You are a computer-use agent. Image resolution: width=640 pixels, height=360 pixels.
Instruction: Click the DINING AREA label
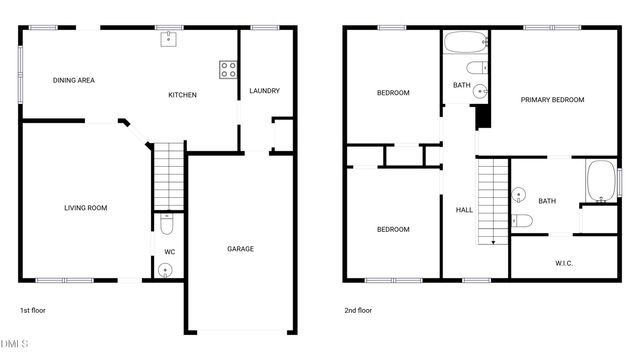[x=73, y=80]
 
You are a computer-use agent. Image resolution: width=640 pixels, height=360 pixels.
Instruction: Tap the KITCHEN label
[x=182, y=95]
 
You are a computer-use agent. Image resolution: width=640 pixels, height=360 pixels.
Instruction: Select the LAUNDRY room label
[x=264, y=90]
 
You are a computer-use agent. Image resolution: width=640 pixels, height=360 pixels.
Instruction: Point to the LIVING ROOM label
[x=85, y=208]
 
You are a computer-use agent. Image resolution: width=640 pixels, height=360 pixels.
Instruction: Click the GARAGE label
[x=240, y=249]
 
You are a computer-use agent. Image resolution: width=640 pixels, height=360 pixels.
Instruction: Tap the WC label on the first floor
[x=169, y=251]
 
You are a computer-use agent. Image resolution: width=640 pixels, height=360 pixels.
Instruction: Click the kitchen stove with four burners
[x=228, y=70]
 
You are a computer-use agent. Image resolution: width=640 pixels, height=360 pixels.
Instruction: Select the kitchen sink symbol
[x=169, y=40]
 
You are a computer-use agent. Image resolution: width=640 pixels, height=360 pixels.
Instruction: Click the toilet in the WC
[x=167, y=224]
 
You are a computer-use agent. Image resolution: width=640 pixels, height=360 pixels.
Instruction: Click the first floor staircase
[x=169, y=175]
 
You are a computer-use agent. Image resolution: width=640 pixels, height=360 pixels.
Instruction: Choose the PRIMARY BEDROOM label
[x=552, y=100]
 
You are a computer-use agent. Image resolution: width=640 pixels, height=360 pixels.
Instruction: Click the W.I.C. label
[x=564, y=263]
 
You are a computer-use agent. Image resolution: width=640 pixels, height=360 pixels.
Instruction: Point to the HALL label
[x=464, y=210]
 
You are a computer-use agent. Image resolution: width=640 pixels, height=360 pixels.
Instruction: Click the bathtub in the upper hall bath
[x=464, y=43]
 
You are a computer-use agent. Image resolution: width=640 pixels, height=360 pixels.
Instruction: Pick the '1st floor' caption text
[x=33, y=310]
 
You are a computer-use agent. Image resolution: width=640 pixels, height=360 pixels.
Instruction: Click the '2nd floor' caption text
[x=357, y=310]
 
